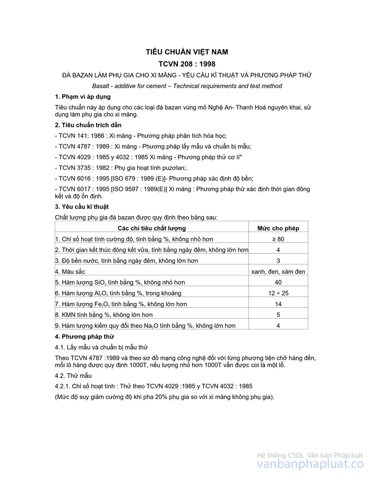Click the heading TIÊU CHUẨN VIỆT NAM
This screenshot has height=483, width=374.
[x=187, y=52]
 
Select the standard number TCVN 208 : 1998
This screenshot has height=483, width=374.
[x=187, y=64]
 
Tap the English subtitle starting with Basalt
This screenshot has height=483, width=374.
[x=187, y=86]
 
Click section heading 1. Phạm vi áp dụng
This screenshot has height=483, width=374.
[x=83, y=97]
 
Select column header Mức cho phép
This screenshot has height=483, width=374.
[x=278, y=228]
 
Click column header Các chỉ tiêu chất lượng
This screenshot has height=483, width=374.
[x=151, y=228]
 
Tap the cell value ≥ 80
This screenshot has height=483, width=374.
[x=278, y=239]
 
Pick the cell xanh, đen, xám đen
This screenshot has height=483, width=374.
[x=278, y=272]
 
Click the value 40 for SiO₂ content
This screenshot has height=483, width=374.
[x=278, y=282]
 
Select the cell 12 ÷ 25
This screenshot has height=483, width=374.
[x=278, y=293]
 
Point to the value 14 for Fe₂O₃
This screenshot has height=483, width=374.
[x=278, y=304]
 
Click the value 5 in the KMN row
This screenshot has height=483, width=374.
[x=278, y=315]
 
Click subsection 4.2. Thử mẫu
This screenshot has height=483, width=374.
[x=73, y=376]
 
